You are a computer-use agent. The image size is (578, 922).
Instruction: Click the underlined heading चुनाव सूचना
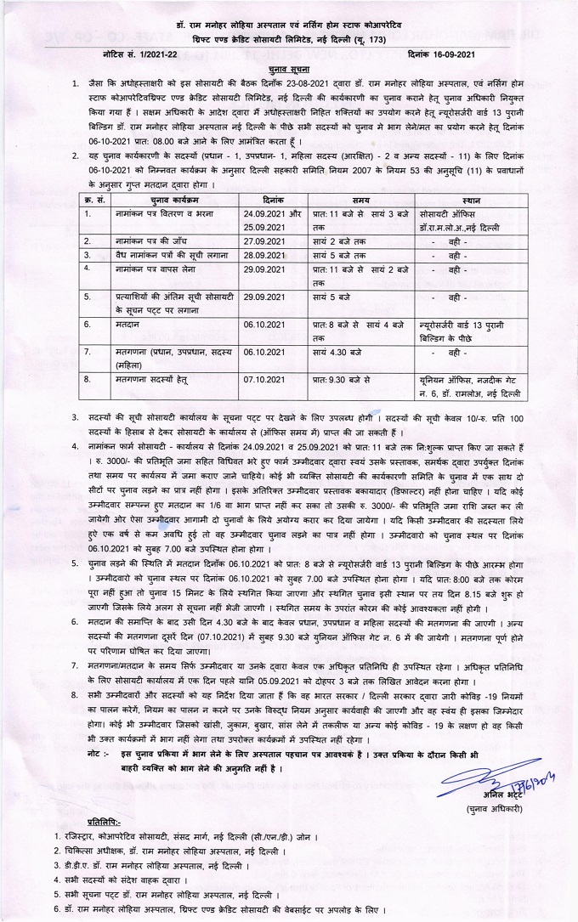point(288,65)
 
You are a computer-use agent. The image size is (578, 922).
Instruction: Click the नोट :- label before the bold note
point(98,755)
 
